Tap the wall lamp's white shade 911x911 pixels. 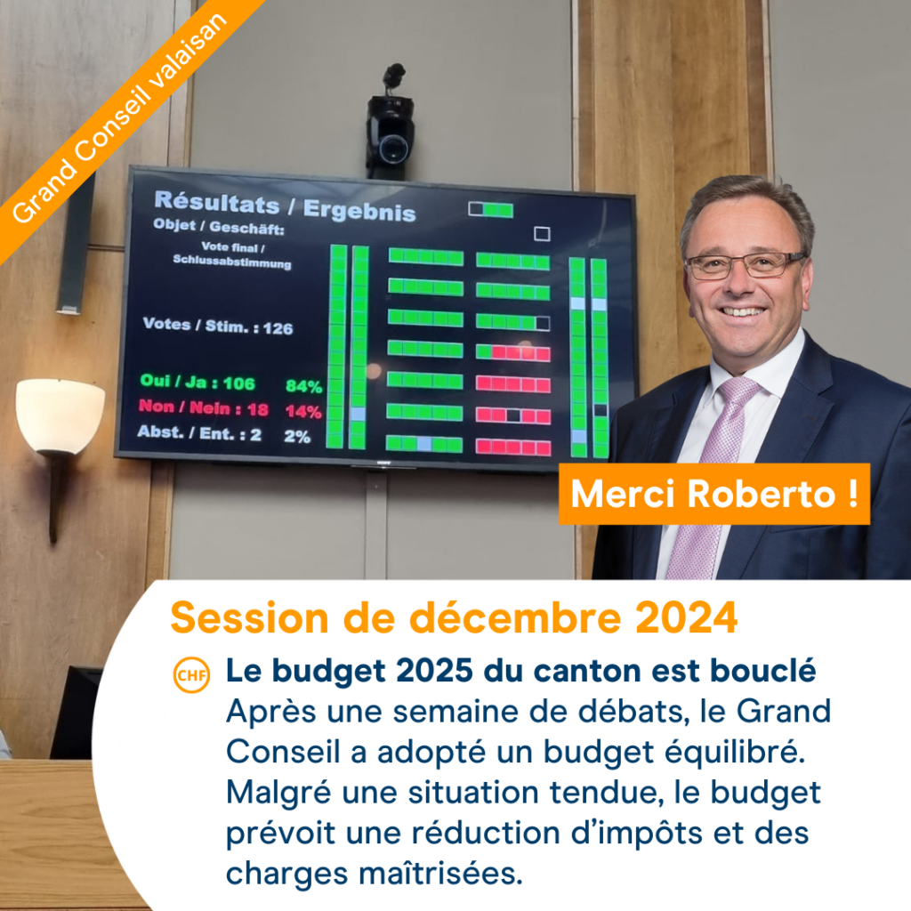(60, 415)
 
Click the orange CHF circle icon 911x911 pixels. (192, 674)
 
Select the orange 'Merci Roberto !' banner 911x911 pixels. (714, 494)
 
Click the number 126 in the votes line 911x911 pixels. (278, 329)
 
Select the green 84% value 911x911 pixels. (303, 386)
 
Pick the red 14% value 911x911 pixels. (303, 412)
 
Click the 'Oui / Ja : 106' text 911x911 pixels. (198, 382)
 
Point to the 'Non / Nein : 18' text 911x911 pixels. (204, 407)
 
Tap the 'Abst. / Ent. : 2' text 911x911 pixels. (199, 433)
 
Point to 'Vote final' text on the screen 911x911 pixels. (231, 247)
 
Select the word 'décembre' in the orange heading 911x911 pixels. (515, 617)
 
